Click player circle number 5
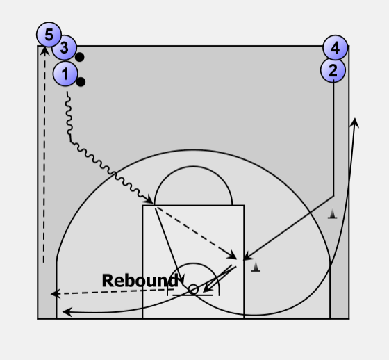click(49, 35)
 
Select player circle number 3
click(64, 47)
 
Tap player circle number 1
click(65, 74)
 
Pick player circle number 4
click(335, 48)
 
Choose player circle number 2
click(333, 70)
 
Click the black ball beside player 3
click(79, 57)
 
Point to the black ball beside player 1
click(81, 82)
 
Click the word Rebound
click(140, 281)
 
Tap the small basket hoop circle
click(193, 290)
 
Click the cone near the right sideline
click(333, 214)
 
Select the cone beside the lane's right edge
click(256, 267)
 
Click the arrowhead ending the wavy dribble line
click(150, 200)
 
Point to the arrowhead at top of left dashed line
click(44, 51)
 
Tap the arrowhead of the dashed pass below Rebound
click(55, 294)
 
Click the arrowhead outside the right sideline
click(355, 122)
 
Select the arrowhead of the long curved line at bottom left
click(67, 312)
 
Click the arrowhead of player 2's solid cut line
click(247, 256)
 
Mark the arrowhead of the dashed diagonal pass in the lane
click(232, 256)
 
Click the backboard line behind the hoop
click(192, 295)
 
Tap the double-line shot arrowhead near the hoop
click(207, 288)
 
